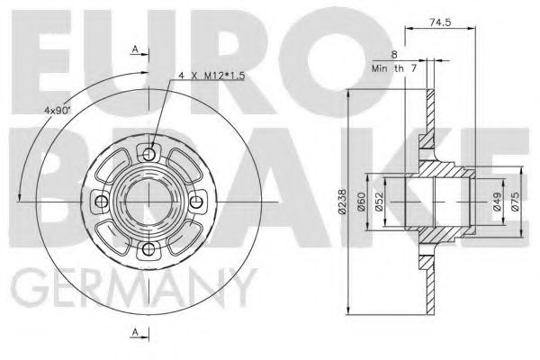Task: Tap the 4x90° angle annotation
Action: pos(58,111)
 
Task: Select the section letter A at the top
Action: pos(136,49)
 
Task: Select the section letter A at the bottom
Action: pos(136,335)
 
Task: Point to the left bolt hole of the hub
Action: pos(102,199)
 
